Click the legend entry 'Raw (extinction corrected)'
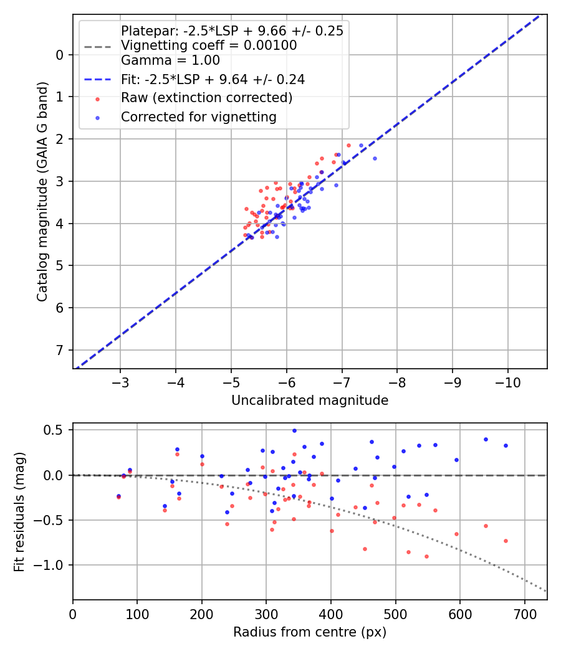[206, 98]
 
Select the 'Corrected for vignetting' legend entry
[199, 116]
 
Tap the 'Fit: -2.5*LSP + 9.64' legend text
[213, 80]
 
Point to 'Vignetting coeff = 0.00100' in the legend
[209, 45]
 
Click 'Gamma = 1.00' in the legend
[170, 60]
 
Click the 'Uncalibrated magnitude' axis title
[310, 400]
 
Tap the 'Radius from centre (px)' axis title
[310, 632]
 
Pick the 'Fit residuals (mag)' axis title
[20, 511]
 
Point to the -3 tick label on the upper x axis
[121, 381]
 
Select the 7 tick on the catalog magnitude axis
[60, 350]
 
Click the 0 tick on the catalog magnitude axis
[60, 55]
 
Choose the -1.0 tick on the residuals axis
[52, 565]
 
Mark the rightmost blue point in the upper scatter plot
[375, 158]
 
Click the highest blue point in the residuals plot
[294, 430]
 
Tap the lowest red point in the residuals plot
[426, 556]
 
